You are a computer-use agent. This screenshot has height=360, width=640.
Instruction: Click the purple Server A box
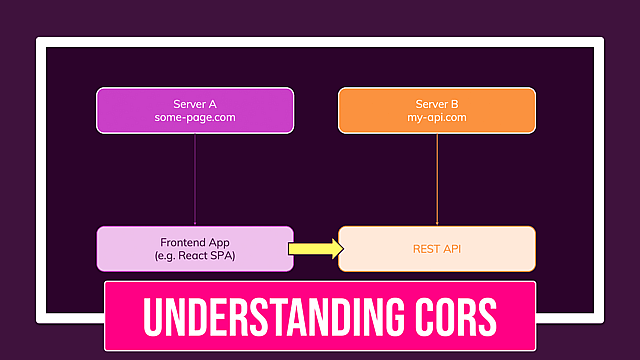pyautogui.click(x=195, y=110)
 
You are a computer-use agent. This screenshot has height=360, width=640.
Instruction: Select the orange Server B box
pyautogui.click(x=437, y=110)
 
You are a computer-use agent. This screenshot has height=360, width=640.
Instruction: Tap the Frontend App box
pyautogui.click(x=195, y=248)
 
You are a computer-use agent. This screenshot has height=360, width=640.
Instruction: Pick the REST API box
pyautogui.click(x=437, y=248)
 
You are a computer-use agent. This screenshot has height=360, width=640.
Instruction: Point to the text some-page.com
pyautogui.click(x=195, y=118)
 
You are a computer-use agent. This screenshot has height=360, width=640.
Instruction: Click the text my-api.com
pyautogui.click(x=437, y=118)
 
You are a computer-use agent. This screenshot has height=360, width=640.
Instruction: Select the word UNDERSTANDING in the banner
pyautogui.click(x=270, y=316)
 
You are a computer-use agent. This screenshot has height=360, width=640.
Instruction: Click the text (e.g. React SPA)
pyautogui.click(x=195, y=256)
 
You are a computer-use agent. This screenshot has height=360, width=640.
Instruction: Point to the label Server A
pyautogui.click(x=195, y=103)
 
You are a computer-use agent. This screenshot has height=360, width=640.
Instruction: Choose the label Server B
pyautogui.click(x=437, y=103)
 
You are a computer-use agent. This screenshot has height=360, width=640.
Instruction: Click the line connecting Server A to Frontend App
pyautogui.click(x=195, y=180)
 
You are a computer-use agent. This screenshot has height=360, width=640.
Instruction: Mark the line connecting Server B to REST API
pyautogui.click(x=437, y=180)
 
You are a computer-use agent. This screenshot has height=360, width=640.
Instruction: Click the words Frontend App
pyautogui.click(x=195, y=242)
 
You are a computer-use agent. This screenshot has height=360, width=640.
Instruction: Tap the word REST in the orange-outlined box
pyautogui.click(x=425, y=249)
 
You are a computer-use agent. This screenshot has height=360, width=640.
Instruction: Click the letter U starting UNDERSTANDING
pyautogui.click(x=152, y=316)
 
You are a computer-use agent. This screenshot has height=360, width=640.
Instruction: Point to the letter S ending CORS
pyautogui.click(x=486, y=316)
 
